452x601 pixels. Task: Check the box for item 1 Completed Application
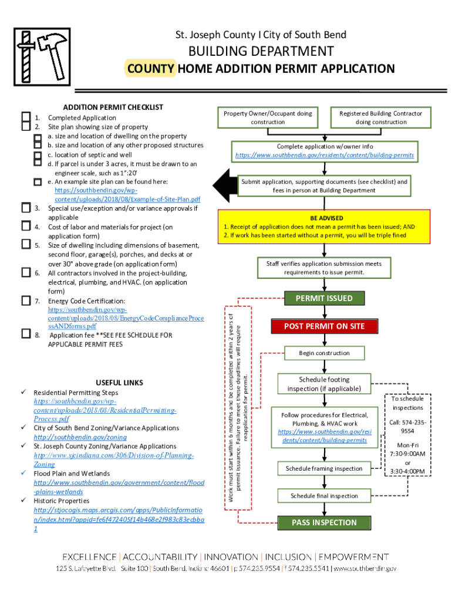coord(25,117)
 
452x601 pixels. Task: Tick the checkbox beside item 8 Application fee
coord(25,335)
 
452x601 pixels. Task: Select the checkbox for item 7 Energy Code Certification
coord(25,300)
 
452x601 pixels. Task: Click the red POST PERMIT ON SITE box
coord(324,326)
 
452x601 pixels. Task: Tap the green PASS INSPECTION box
coord(324,522)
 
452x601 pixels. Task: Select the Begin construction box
coord(324,353)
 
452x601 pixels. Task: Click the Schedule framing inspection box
coord(324,468)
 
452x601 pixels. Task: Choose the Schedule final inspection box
coord(324,496)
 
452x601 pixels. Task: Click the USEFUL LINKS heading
coord(119,383)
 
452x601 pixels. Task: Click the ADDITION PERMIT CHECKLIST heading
coord(113,107)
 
